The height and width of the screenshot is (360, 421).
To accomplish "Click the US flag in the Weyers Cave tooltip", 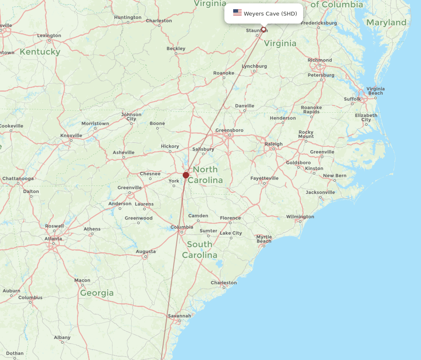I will [x=237, y=13].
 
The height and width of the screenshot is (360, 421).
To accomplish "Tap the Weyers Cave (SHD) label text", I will [x=270, y=13].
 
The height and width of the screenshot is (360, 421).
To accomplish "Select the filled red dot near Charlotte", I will [x=186, y=175].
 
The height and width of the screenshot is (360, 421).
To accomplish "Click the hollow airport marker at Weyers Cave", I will [x=264, y=29].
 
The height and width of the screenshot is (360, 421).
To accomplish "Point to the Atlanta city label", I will [x=53, y=239].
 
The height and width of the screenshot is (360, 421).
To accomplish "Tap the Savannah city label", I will [x=179, y=316].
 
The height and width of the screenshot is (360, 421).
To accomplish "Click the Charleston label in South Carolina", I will [x=224, y=283].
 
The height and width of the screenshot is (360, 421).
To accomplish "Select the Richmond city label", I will [x=320, y=60].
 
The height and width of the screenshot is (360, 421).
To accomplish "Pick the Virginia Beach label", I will [x=375, y=91].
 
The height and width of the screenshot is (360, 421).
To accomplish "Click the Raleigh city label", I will [x=274, y=144].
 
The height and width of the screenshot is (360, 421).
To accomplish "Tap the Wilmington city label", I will [x=300, y=217].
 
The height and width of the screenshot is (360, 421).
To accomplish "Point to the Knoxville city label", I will [x=71, y=135].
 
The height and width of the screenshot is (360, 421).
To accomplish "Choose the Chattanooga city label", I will [x=18, y=178].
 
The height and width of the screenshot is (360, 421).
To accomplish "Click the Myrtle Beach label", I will [x=264, y=239].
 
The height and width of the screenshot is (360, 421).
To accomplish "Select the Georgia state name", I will [x=97, y=293].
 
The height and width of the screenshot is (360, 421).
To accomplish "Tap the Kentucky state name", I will [x=40, y=52].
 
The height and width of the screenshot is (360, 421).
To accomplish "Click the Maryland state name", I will [x=386, y=22].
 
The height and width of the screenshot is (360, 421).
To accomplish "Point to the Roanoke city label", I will [x=224, y=73].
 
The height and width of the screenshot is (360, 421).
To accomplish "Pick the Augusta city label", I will [x=146, y=251].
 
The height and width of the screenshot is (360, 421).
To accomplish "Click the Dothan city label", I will [x=15, y=353].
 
